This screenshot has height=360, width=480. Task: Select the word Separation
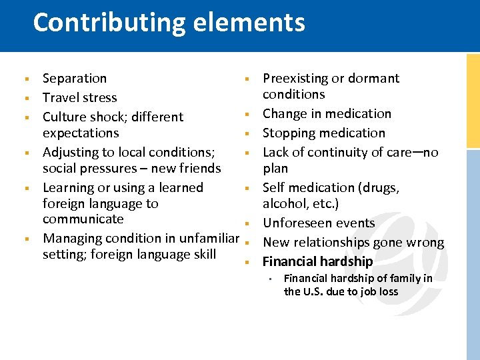point(75,79)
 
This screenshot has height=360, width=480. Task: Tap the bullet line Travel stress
point(79,98)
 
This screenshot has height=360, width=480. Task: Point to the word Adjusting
point(71,152)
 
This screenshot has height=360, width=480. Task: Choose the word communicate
point(83,219)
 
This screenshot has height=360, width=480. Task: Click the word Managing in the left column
point(71,238)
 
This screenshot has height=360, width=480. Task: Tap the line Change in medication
point(327,114)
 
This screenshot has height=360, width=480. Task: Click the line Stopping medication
point(324,133)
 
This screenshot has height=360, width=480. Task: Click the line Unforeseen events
point(319,223)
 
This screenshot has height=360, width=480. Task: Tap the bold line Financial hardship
point(317,261)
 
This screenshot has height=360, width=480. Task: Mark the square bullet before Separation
point(24,79)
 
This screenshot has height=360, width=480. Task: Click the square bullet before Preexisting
point(246,79)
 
